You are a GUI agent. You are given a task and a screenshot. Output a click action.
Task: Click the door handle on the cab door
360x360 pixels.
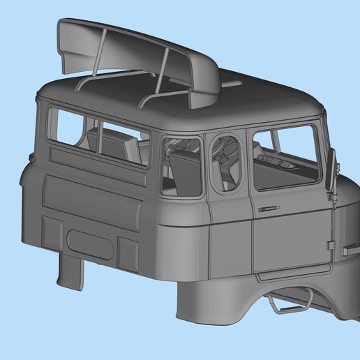click(268, 208)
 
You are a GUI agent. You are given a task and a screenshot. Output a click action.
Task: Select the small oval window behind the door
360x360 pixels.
click(225, 163)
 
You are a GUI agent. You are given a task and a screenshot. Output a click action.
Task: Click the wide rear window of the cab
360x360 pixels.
click(98, 136)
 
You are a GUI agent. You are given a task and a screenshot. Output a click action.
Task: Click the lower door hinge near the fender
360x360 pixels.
click(329, 245)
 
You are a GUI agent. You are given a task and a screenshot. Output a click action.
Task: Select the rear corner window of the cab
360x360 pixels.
click(181, 166)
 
